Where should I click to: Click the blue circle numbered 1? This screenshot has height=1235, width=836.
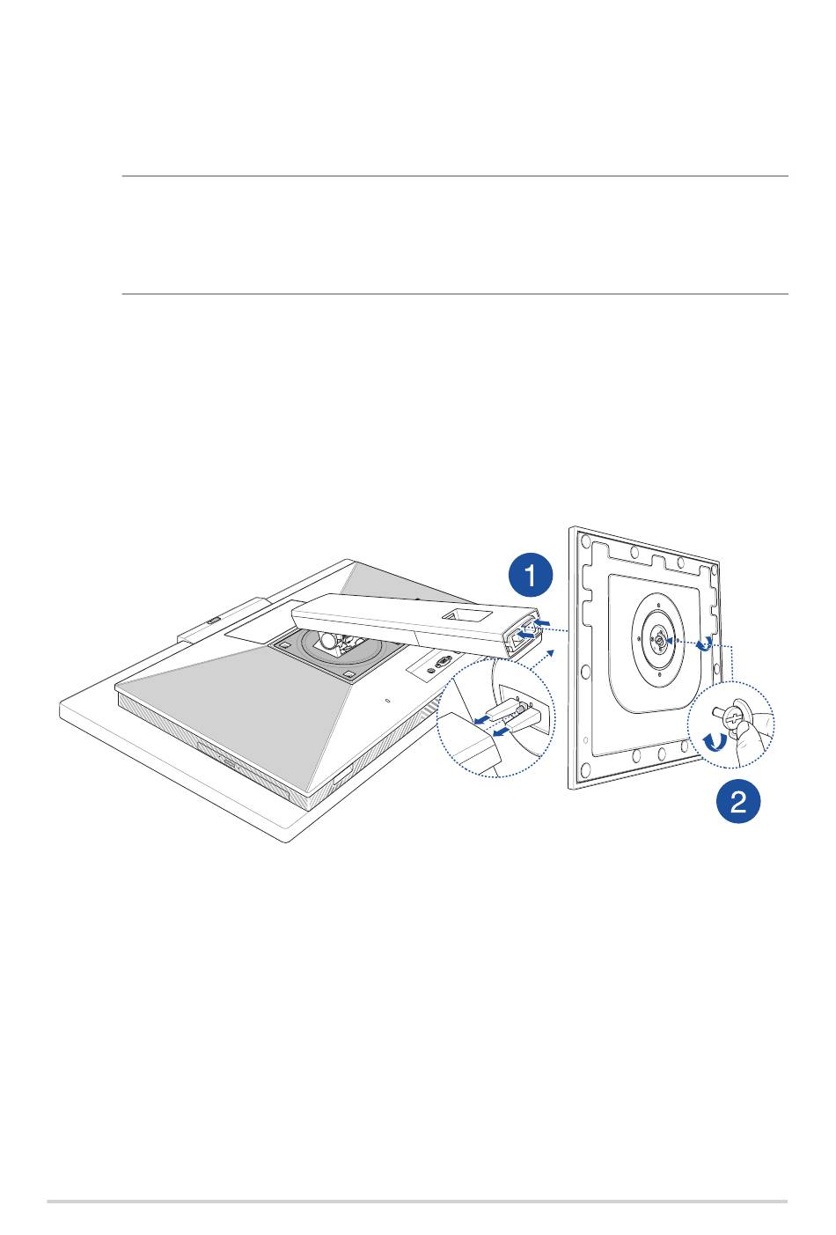[x=530, y=576]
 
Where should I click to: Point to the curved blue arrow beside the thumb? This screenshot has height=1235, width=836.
[x=715, y=741]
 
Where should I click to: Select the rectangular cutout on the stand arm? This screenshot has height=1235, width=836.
[x=468, y=614]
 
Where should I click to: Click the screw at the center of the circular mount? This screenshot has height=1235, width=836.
[x=658, y=640]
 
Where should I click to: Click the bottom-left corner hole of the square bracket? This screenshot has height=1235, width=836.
[x=584, y=768]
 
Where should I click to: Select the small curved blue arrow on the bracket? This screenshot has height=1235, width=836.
[x=703, y=644]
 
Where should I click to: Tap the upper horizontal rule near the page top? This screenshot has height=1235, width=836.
[x=455, y=176]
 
